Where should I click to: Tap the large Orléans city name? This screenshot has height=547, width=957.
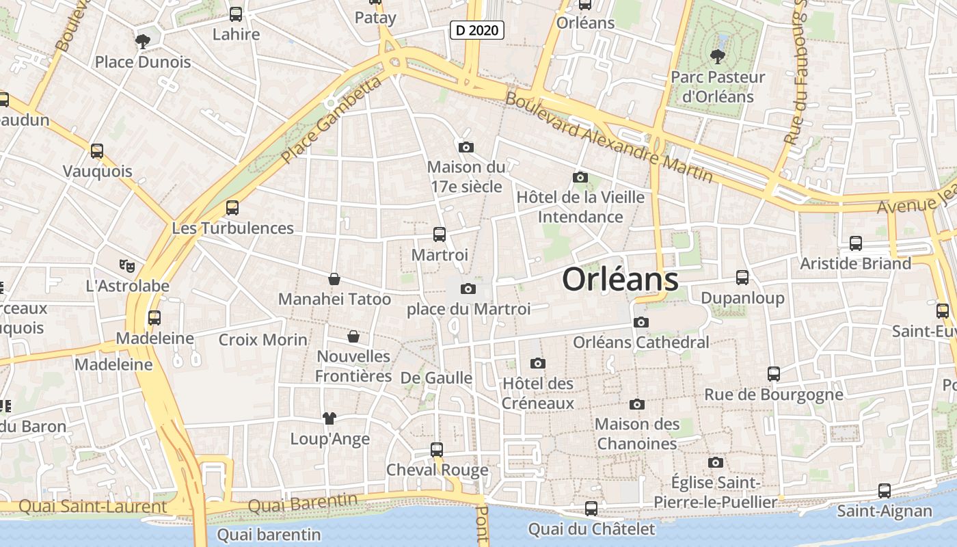tap(620, 280)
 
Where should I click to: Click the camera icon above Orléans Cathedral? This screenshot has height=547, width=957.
tap(641, 322)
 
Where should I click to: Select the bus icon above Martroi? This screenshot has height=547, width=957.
tap(440, 235)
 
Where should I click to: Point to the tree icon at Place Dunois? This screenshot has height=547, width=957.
tap(143, 42)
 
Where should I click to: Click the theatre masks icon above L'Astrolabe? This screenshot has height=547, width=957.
tap(126, 265)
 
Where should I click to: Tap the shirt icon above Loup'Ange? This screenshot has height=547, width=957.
tap(329, 418)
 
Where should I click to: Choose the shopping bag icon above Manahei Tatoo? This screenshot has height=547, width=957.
tap(334, 279)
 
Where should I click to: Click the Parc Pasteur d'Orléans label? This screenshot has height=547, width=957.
tap(718, 87)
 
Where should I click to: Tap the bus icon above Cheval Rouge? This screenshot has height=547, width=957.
tap(437, 450)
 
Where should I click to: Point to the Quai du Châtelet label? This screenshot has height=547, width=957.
tap(591, 529)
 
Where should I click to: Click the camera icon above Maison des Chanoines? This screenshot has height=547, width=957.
tap(637, 404)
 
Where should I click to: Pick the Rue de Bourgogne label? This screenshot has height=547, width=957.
tap(774, 395)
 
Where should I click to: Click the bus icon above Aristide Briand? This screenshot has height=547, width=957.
tap(856, 243)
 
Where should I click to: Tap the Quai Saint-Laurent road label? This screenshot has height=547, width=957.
tap(93, 507)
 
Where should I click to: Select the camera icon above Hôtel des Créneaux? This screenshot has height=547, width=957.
tap(538, 363)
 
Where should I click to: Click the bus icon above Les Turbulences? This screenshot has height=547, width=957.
tap(232, 208)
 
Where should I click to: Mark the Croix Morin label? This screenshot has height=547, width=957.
tap(263, 340)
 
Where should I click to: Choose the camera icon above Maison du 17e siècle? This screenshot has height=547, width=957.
tap(466, 147)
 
